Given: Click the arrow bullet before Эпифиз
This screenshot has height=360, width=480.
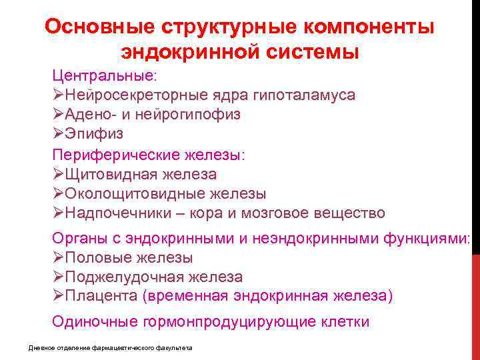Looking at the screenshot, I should point(57,134).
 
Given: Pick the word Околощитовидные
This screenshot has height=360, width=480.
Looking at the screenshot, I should point(127,194).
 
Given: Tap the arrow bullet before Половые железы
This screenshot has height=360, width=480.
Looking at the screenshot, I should point(57,257).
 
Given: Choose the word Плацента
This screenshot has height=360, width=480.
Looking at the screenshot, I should point(96,296).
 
